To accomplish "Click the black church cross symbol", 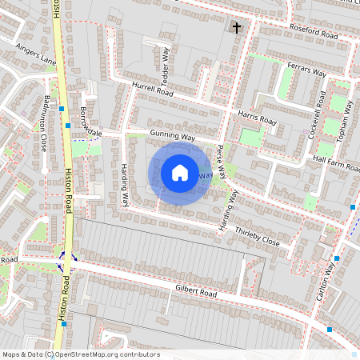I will tap(236, 28).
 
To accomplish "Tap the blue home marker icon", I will tap(180, 173).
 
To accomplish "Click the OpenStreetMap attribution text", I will tap(81, 354).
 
